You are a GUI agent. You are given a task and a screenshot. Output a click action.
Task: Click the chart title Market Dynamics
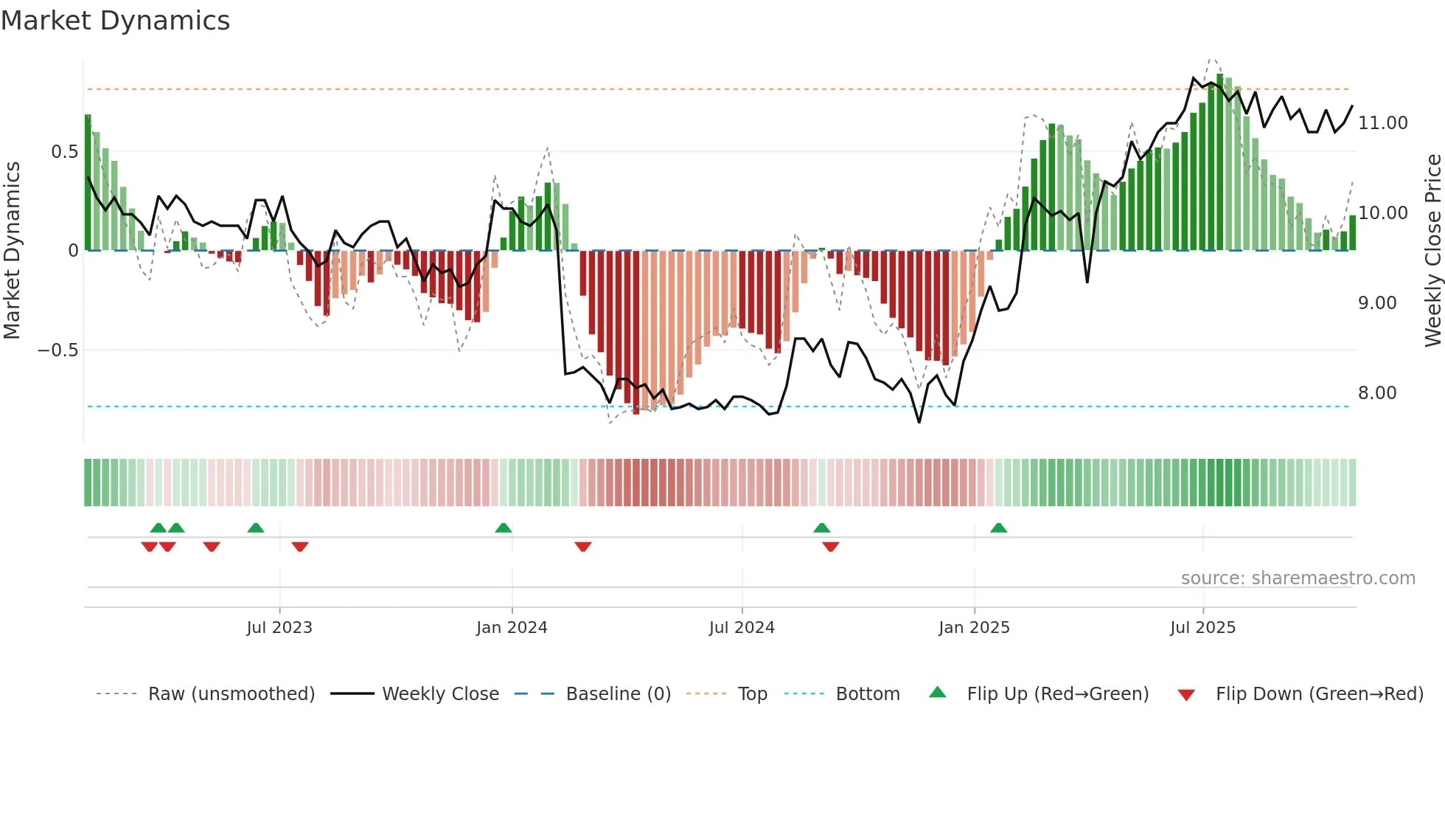115,21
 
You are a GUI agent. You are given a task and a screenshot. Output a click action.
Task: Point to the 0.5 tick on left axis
64,152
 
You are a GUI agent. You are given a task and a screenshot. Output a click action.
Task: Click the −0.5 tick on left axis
58,350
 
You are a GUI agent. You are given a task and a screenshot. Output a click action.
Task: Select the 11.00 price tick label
1382,123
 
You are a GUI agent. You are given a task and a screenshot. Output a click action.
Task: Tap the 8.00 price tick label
1377,393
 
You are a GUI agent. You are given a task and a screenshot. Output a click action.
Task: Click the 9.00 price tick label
1377,303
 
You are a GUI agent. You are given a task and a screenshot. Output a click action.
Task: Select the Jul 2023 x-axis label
279,628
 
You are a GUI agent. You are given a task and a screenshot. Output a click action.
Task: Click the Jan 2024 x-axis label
512,628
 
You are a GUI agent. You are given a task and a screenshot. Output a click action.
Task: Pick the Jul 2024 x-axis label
742,628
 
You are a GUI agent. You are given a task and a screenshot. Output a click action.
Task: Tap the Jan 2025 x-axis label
974,628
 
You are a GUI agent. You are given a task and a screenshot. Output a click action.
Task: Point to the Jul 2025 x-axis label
1202,628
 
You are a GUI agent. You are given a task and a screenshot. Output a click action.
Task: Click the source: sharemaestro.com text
1298,578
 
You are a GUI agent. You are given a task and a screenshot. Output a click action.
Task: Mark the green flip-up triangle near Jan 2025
998,528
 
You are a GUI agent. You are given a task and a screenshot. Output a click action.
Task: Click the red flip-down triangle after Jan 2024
583,547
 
